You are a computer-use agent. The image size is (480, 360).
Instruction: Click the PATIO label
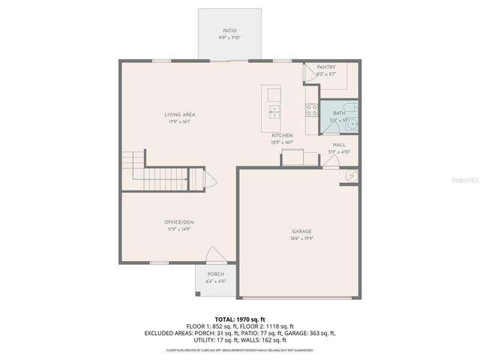229,31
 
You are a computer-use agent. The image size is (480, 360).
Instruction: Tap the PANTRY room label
325,67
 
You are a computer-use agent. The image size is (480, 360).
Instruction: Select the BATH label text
339,112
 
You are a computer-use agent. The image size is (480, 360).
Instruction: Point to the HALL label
339,145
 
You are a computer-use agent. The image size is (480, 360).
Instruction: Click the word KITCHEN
282,136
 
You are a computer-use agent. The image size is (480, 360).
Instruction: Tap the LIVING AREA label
180,115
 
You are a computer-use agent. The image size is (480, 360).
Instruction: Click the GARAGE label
302,231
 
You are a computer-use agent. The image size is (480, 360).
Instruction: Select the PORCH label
216,274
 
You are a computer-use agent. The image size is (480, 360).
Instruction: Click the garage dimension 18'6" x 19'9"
302,238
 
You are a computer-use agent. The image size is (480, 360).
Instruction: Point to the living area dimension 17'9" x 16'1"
180,121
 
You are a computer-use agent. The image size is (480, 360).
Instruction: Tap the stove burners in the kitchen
311,109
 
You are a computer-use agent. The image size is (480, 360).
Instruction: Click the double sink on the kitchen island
274,112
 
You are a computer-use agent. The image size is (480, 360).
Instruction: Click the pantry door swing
309,73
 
